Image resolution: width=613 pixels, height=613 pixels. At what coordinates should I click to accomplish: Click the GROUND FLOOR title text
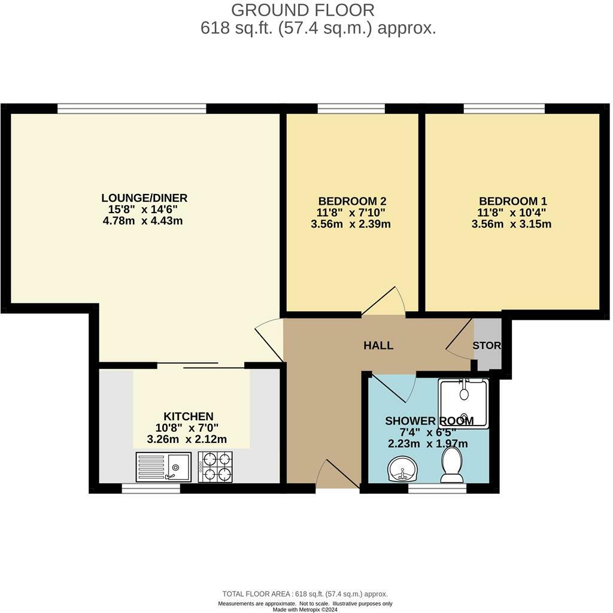[303, 10]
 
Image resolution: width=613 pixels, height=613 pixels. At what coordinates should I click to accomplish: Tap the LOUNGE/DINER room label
[144, 198]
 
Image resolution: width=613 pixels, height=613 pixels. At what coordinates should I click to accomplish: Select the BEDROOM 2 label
[351, 201]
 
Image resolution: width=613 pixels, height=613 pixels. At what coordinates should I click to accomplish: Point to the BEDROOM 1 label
[512, 201]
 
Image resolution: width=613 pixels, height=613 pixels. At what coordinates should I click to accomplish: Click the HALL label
[378, 345]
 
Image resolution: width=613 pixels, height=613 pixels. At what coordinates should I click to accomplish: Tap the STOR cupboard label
[487, 345]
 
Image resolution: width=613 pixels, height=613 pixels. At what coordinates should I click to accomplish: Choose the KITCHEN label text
[189, 416]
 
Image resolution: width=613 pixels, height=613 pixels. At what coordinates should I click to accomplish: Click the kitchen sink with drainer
[163, 466]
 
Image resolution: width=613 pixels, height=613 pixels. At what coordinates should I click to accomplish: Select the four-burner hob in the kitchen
[215, 466]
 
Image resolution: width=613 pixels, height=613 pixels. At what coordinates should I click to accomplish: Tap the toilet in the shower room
[452, 466]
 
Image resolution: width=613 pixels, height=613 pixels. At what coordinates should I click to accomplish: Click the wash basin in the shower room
[403, 468]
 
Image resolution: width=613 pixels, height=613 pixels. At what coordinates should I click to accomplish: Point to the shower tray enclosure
[463, 403]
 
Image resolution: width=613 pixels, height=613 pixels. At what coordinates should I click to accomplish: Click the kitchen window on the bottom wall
[151, 488]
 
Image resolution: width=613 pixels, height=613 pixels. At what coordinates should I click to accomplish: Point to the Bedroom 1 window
[503, 108]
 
